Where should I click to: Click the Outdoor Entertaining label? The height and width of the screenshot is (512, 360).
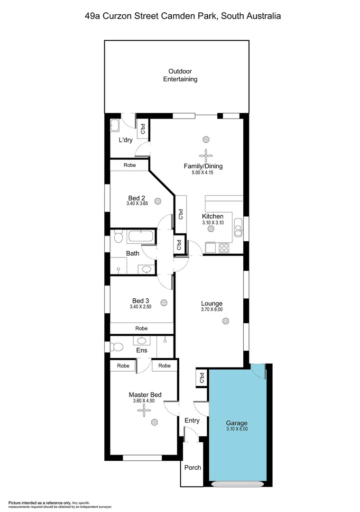click(180, 75)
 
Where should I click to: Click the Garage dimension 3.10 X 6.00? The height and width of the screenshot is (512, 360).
click(237, 430)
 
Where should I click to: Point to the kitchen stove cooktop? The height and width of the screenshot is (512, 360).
click(224, 247)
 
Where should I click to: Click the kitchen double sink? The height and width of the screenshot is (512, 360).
click(238, 231)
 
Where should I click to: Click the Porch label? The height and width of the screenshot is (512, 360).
click(193, 467)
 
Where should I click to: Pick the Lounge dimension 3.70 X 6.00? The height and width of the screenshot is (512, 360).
click(212, 310)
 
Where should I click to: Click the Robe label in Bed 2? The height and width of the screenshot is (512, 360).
click(129, 165)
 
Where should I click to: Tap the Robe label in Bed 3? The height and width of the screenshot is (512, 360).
click(141, 328)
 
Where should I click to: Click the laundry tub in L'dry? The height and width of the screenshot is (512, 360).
click(115, 125)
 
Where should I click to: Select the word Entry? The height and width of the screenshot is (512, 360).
click(192, 420)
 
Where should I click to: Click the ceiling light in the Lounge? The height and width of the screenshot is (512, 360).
click(225, 321)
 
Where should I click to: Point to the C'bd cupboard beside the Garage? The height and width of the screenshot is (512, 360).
click(202, 378)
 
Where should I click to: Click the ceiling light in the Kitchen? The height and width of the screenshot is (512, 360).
click(211, 228)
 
